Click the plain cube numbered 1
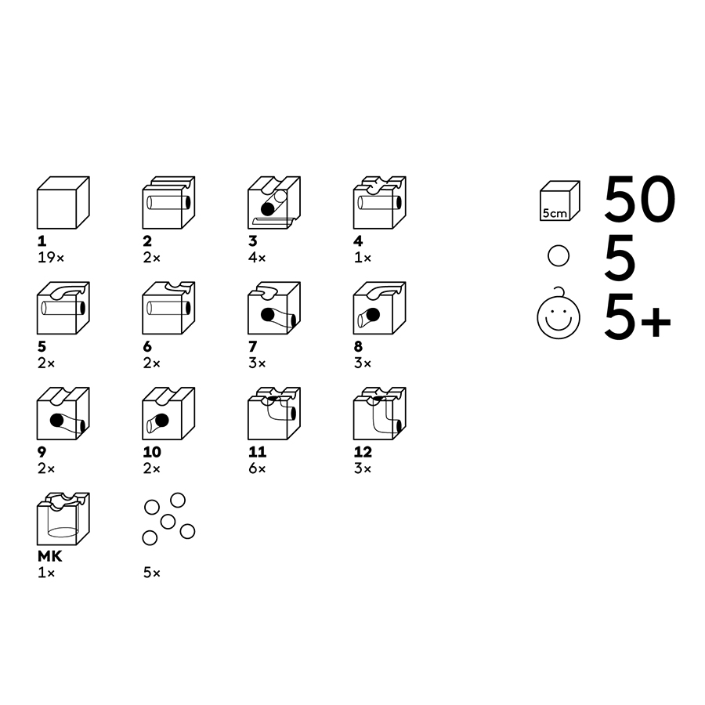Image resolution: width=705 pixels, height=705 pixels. [x=63, y=202]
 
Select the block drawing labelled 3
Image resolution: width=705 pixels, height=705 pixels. [x=273, y=202]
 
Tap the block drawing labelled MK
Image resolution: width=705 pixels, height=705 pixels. [x=63, y=519]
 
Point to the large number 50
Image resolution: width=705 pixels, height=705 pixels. [x=639, y=198]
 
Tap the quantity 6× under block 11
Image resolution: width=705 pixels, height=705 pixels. [x=257, y=468]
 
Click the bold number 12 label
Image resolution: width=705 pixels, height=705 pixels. [x=363, y=452]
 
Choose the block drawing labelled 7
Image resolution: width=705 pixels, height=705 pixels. [x=273, y=308]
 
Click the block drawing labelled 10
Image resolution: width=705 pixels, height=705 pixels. [x=168, y=414]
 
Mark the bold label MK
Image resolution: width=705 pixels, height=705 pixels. [x=49, y=557]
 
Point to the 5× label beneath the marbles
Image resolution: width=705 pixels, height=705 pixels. [x=151, y=573]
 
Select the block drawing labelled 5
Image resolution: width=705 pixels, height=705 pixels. [x=63, y=308]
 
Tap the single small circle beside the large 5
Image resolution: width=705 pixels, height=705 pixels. [x=557, y=257]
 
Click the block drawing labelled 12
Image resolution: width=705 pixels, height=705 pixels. [x=379, y=414]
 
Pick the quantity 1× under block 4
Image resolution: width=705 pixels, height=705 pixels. [x=362, y=257]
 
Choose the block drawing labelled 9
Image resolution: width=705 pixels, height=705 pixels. [x=63, y=414]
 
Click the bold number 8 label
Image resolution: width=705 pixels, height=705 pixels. [x=358, y=346]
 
